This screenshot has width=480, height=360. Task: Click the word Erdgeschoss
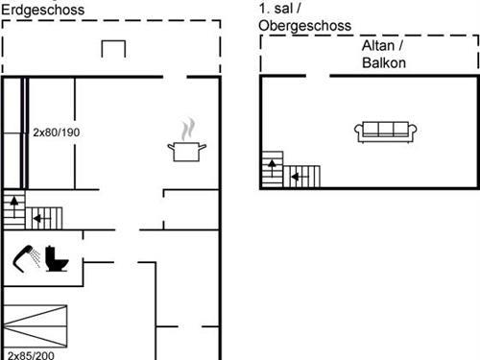point(42,10)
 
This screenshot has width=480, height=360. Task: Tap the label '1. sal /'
point(277,9)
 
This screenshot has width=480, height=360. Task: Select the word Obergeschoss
point(304,26)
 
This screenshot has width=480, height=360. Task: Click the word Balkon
point(384,63)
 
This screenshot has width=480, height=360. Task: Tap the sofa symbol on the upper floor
point(385,132)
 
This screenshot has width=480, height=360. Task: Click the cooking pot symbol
point(186,150)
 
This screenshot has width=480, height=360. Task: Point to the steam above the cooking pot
point(190,128)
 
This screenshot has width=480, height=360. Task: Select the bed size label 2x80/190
point(57,132)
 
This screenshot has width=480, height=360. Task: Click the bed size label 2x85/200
point(32,354)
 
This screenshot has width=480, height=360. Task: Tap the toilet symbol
point(60,257)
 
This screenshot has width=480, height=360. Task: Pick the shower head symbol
point(28,256)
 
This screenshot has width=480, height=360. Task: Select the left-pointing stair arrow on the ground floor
point(40,218)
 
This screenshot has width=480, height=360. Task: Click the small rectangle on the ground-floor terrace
point(114,49)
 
